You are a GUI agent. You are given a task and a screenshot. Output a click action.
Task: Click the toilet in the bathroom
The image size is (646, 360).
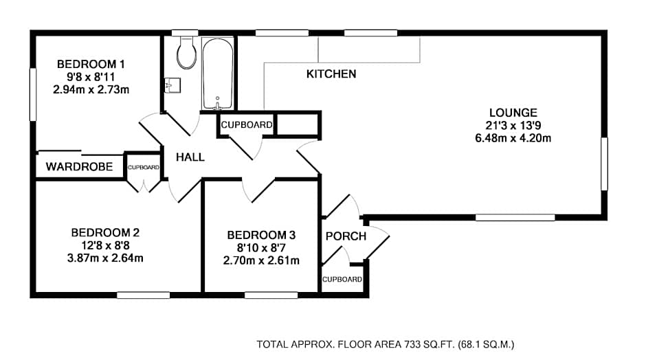tap(186, 53)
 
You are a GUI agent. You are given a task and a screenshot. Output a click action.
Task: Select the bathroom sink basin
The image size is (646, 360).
tap(172, 85)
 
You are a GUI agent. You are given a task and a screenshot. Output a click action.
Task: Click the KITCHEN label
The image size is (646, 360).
tap(331, 74)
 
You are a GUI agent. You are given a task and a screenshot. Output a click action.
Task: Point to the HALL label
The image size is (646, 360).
tap(190, 157)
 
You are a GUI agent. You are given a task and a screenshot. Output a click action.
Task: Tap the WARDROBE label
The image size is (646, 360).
tap(79, 167)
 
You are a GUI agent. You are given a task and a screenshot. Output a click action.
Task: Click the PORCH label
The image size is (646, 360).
tap(346, 236)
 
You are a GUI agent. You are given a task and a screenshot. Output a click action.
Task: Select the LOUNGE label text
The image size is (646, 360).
tap(513, 113)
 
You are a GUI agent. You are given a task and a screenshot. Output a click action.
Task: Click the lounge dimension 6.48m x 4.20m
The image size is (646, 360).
tap(513, 138)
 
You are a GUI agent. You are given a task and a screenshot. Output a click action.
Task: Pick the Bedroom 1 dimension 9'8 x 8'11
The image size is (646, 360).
tap(91, 77)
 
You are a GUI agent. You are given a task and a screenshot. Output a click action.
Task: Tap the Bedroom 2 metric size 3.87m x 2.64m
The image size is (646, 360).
tap(105, 258)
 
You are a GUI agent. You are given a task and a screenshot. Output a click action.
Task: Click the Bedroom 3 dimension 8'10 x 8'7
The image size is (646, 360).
tap(261, 248)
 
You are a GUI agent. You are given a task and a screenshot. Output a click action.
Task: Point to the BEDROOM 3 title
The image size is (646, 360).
tap(261, 235)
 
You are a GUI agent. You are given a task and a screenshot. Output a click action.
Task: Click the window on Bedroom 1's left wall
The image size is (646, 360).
tap(33, 94)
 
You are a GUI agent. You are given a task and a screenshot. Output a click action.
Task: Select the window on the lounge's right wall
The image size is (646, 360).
tap(604, 164)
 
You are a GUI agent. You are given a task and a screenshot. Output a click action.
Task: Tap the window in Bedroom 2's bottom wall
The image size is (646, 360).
tap(144, 295)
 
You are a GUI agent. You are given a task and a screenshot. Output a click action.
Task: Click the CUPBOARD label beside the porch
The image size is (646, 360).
tap(342, 279)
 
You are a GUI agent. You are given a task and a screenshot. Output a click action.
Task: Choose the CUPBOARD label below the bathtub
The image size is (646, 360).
tap(246, 125)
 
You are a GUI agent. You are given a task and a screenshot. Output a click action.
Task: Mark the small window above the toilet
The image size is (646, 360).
tap(185, 33)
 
